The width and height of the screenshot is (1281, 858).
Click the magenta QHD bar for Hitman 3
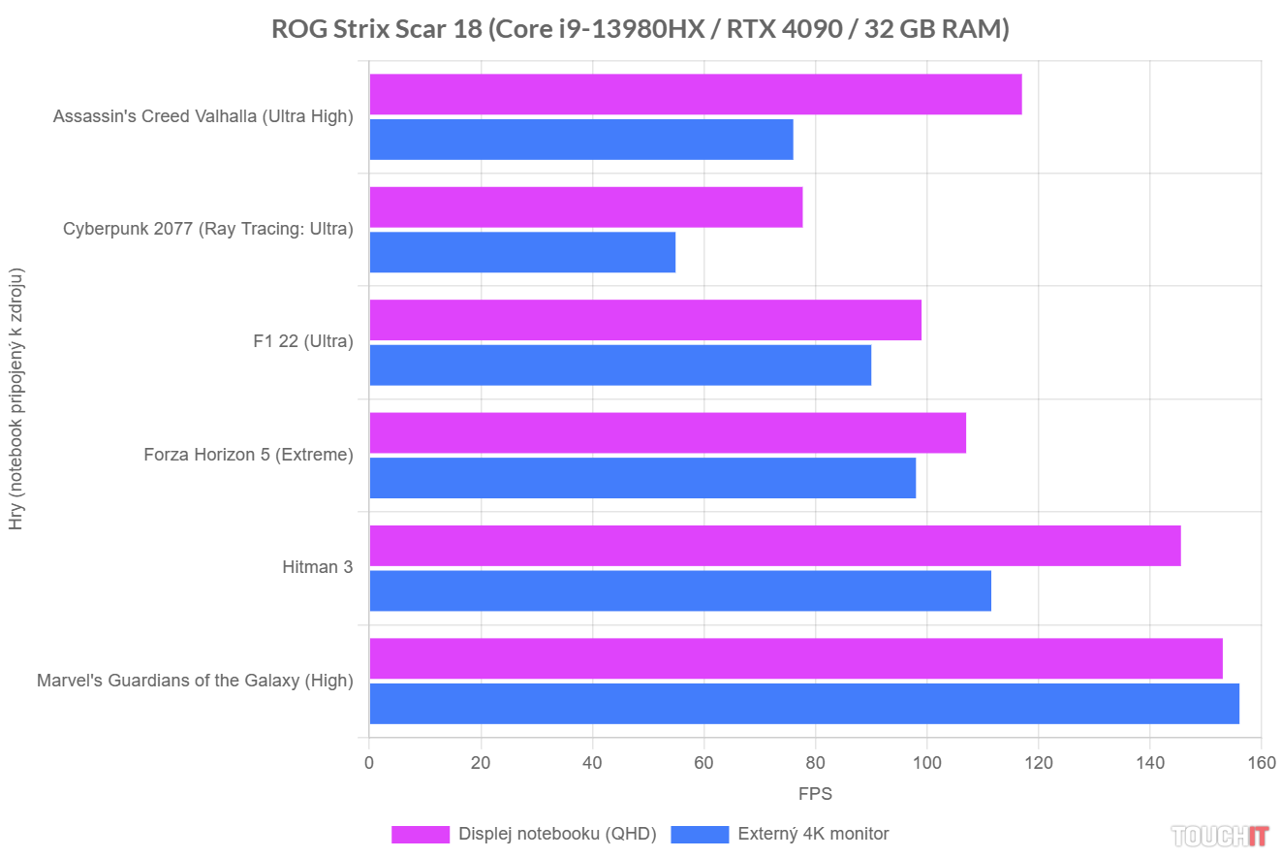click(775, 546)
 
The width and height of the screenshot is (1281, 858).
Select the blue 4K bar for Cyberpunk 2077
click(522, 252)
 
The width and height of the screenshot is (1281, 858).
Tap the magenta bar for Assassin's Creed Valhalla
click(696, 94)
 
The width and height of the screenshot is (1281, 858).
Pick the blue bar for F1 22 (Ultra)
click(620, 365)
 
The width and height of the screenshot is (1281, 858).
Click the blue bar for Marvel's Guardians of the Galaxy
click(804, 703)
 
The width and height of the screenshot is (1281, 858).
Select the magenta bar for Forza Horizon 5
click(668, 432)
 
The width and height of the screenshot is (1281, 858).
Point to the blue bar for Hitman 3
click(680, 590)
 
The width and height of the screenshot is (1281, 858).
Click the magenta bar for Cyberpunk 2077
click(586, 207)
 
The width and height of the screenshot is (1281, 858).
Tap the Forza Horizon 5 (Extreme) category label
click(248, 454)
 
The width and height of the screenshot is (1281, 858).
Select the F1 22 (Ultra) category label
click(302, 341)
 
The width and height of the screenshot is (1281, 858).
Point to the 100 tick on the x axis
click(926, 763)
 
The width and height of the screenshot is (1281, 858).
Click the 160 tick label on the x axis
click(1261, 763)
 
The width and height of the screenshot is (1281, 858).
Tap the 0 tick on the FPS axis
click(369, 763)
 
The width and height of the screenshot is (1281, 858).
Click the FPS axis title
click(815, 794)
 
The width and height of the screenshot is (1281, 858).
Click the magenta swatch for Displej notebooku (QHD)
click(421, 834)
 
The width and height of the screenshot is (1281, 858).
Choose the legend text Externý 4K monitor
click(813, 834)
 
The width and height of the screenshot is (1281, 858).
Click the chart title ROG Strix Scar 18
click(640, 30)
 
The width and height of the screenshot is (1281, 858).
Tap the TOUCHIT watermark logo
click(1220, 835)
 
